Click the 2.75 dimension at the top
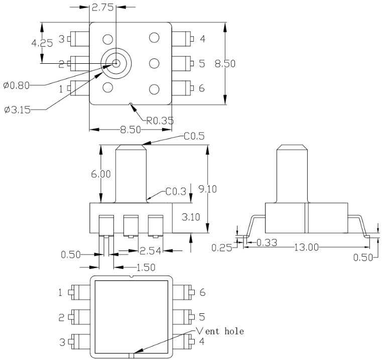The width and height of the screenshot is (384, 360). pyautogui.click(x=102, y=8)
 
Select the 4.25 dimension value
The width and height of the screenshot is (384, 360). pyautogui.click(x=42, y=43)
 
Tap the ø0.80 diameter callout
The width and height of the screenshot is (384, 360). pyautogui.click(x=16, y=86)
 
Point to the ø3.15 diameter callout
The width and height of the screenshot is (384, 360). pyautogui.click(x=18, y=110)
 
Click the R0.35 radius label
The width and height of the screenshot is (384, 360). pyautogui.click(x=160, y=121)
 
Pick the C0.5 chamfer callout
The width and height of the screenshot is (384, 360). pyautogui.click(x=194, y=136)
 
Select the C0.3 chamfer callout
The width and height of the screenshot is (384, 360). pyautogui.click(x=176, y=191)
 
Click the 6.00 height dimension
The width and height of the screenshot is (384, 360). pyautogui.click(x=101, y=174)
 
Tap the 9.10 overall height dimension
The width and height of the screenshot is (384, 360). pyautogui.click(x=208, y=189)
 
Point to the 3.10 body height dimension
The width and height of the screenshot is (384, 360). pyautogui.click(x=191, y=217)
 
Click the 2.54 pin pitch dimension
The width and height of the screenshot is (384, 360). pyautogui.click(x=150, y=251)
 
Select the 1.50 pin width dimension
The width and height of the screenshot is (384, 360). pyautogui.click(x=146, y=268)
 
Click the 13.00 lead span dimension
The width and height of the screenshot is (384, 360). pyautogui.click(x=306, y=248)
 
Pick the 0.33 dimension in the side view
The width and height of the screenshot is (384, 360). pyautogui.click(x=267, y=243)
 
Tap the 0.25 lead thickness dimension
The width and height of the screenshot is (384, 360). pyautogui.click(x=222, y=248)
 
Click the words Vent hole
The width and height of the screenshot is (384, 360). pyautogui.click(x=220, y=331)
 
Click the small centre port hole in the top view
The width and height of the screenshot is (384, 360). pyautogui.click(x=116, y=63)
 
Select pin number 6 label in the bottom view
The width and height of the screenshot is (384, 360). pyautogui.click(x=202, y=292)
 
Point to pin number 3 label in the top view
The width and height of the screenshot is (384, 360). pyautogui.click(x=62, y=39)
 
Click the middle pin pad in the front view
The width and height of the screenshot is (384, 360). pyautogui.click(x=131, y=225)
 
